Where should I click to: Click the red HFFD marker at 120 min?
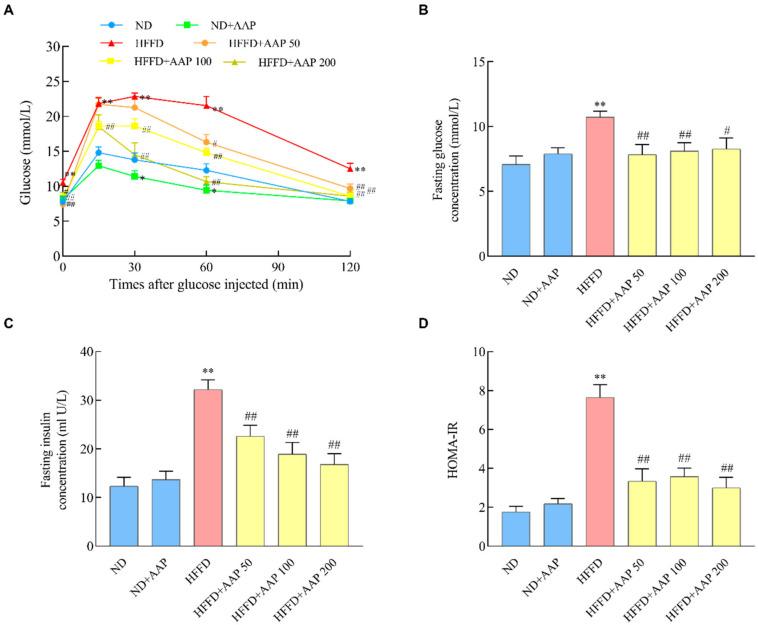coord(350,167)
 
